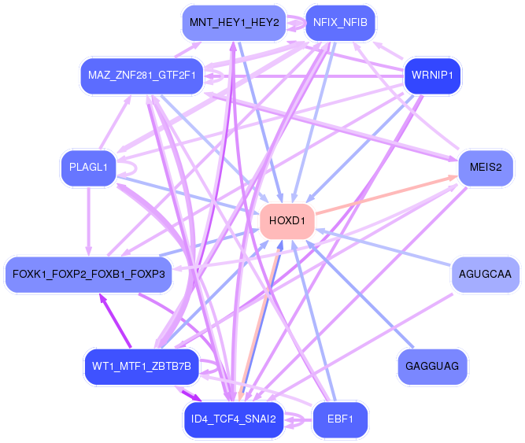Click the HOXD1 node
[287, 221]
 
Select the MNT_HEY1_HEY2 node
[234, 23]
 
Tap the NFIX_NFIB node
[340, 23]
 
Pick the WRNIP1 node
[432, 76]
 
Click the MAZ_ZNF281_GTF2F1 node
[142, 76]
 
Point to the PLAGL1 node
[88, 168]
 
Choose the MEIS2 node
[486, 168]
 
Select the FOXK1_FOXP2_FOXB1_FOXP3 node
[88, 275]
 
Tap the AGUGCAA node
[485, 275]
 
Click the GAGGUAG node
[432, 367]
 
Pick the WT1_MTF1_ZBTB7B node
[142, 367]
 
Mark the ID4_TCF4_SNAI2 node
[234, 419]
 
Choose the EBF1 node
[340, 419]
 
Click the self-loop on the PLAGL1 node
[136, 168]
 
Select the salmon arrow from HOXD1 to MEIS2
[386, 194]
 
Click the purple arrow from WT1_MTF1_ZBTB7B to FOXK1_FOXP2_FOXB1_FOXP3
[115, 320]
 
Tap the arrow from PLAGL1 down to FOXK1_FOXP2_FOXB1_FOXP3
[88, 222]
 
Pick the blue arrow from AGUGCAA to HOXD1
[383, 247]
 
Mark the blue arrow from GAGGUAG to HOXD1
[360, 294]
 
